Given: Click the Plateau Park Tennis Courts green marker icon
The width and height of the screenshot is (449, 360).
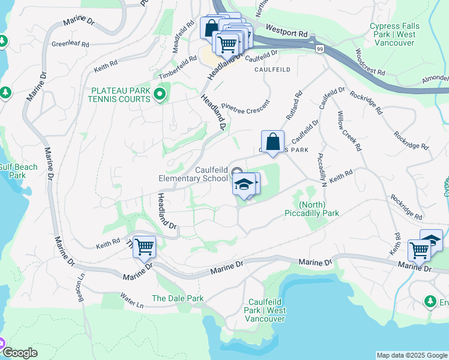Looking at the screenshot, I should click(159, 94).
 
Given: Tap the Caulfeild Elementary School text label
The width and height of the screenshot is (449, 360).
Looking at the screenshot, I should click(193, 175).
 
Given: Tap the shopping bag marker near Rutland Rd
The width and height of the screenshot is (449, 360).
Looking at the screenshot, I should click(273, 143).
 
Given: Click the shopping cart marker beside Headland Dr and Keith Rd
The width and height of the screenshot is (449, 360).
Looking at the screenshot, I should click(144, 247).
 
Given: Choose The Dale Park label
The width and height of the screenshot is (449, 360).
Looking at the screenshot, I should click(178, 298).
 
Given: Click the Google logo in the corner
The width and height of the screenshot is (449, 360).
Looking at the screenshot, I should click(20, 353).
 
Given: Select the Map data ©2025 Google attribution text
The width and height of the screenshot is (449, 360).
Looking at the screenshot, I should click(411, 355).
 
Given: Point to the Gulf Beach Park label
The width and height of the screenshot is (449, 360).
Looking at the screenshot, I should click(18, 171).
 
